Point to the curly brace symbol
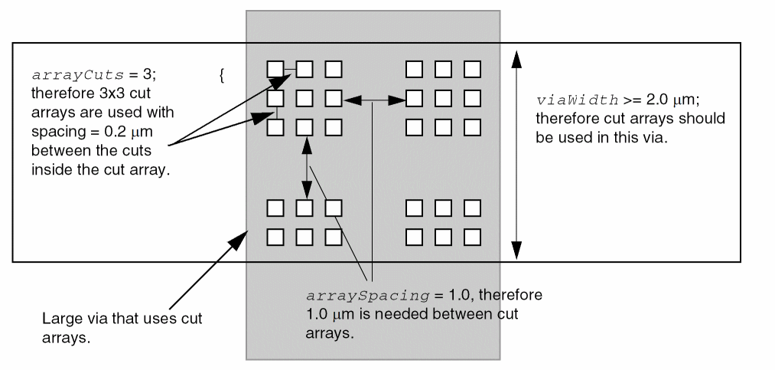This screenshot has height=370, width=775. (x=221, y=75)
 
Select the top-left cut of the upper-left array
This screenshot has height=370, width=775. (x=275, y=69)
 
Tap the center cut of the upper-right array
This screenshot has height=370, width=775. (x=443, y=98)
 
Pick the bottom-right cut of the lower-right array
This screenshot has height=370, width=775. (x=473, y=237)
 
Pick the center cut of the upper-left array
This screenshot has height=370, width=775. (x=304, y=98)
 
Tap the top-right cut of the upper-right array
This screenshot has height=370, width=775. (x=473, y=69)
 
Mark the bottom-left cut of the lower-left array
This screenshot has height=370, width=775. (x=275, y=237)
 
